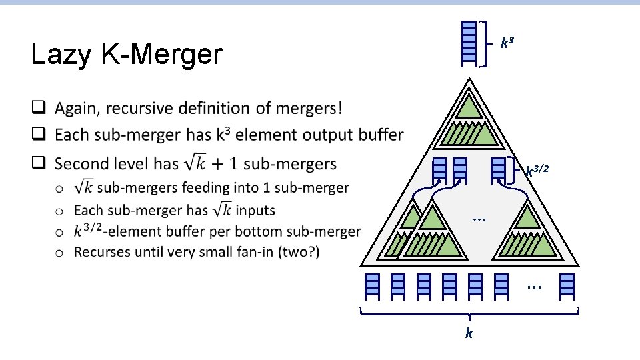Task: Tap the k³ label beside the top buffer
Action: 507,44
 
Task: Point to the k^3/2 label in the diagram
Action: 537,171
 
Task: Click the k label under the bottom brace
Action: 469,333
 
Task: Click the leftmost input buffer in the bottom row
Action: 372,285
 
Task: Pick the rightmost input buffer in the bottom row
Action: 567,285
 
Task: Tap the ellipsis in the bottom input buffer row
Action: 533,287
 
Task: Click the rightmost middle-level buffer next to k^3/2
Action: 499,171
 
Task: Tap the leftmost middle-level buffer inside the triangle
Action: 439,171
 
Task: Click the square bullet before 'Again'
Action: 40,108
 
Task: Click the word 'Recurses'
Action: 101,252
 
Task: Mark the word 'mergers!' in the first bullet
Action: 306,108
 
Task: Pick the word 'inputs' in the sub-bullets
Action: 255,210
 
